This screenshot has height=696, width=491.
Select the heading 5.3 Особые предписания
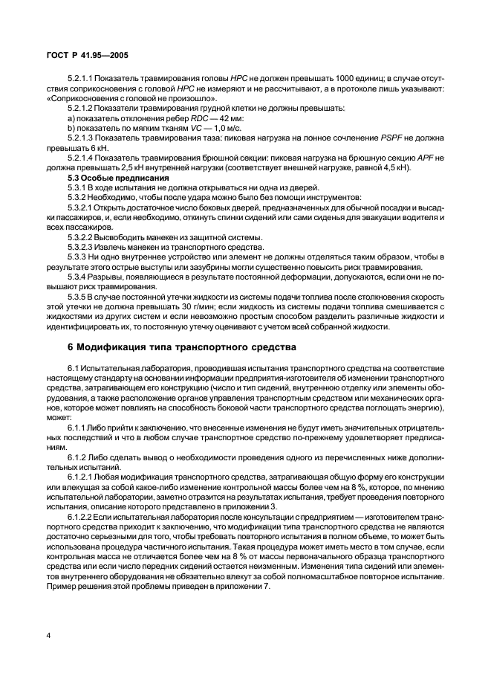tap(112, 178)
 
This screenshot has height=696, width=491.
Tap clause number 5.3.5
tap(77, 295)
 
